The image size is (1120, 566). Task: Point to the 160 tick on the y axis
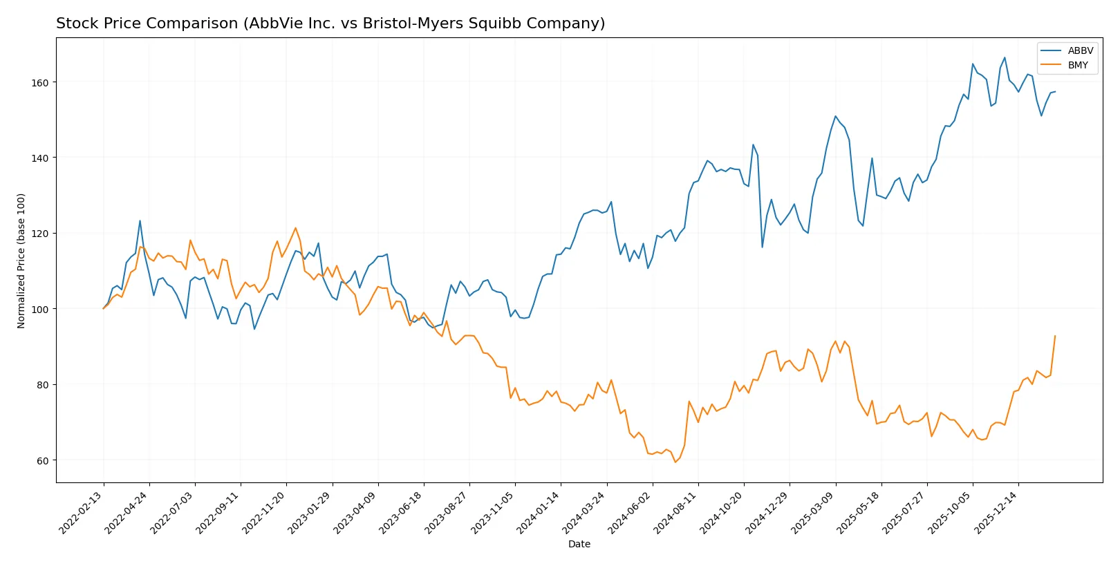41,82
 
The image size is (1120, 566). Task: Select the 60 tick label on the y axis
44,460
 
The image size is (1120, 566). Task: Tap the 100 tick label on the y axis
41,309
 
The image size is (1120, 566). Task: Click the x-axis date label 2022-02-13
82,512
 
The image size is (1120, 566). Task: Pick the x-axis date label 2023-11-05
494,512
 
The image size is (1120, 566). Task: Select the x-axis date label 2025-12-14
997,512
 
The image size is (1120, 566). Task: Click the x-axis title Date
579,544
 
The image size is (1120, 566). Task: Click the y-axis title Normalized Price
21,261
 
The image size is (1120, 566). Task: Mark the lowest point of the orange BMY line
675,462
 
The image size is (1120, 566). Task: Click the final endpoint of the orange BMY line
1055,336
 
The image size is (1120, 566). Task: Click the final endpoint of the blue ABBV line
1055,91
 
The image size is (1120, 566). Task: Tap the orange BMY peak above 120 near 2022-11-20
295,227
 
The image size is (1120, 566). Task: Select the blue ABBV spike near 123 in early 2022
140,221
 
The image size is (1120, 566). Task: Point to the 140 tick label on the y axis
41,158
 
